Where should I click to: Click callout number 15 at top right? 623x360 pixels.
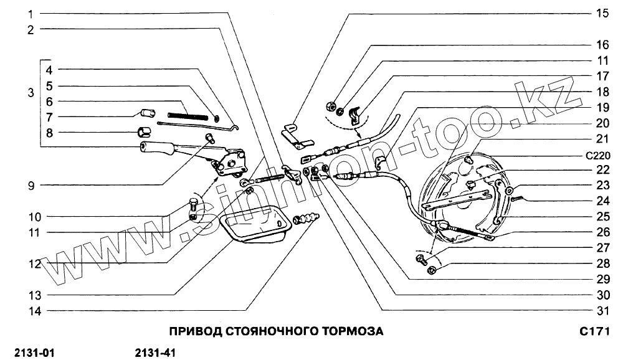click(x=601, y=13)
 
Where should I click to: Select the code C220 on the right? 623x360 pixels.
click(x=597, y=155)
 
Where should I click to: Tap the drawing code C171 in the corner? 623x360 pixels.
click(x=597, y=331)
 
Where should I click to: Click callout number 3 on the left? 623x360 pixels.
click(x=31, y=93)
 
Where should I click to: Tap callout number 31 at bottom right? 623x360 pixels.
click(x=601, y=310)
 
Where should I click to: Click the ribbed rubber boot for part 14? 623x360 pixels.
click(x=305, y=219)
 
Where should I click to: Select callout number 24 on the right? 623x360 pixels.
click(x=601, y=201)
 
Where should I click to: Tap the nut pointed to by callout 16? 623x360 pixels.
click(x=331, y=104)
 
